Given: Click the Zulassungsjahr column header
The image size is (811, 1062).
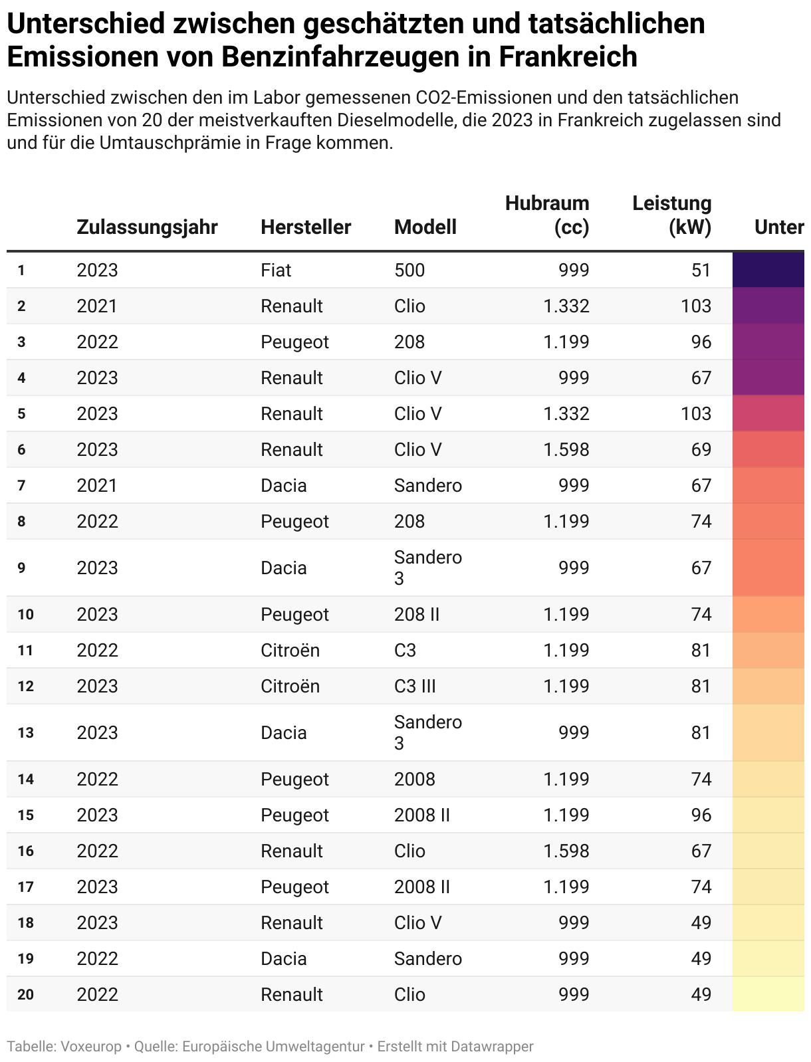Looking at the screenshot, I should pyautogui.click(x=147, y=227).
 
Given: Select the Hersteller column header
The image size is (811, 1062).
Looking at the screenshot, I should pyautogui.click(x=306, y=227).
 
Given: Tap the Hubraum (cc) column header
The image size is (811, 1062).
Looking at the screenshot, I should pyautogui.click(x=547, y=215).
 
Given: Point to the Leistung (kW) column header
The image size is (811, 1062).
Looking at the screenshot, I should pyautogui.click(x=671, y=215).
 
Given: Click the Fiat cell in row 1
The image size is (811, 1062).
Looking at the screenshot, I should pyautogui.click(x=276, y=270).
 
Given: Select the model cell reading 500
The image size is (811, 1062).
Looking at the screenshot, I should pyautogui.click(x=409, y=270).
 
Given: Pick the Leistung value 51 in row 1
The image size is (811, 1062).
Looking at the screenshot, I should pyautogui.click(x=701, y=270).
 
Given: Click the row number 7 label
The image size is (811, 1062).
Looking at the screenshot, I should pyautogui.click(x=22, y=486).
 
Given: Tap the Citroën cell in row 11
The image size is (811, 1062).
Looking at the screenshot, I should pyautogui.click(x=290, y=651).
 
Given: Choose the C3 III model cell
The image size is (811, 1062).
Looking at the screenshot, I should pyautogui.click(x=415, y=687).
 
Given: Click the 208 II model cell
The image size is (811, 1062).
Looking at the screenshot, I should pyautogui.click(x=417, y=615).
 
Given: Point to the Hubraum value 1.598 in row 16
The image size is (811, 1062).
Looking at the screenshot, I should pyautogui.click(x=566, y=851).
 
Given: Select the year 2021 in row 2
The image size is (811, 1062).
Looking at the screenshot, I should pyautogui.click(x=97, y=306).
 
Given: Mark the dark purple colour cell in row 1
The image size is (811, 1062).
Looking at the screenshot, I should pyautogui.click(x=768, y=270).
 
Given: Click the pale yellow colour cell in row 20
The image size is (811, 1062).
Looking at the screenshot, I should pyautogui.click(x=768, y=994).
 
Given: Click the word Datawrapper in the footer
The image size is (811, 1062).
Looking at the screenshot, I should pyautogui.click(x=492, y=1047).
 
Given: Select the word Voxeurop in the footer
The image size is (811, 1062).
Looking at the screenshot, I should pyautogui.click(x=91, y=1047).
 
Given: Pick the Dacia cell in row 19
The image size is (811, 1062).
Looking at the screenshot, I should pyautogui.click(x=284, y=959).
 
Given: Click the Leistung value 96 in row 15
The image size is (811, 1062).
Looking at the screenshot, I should pyautogui.click(x=701, y=815).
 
